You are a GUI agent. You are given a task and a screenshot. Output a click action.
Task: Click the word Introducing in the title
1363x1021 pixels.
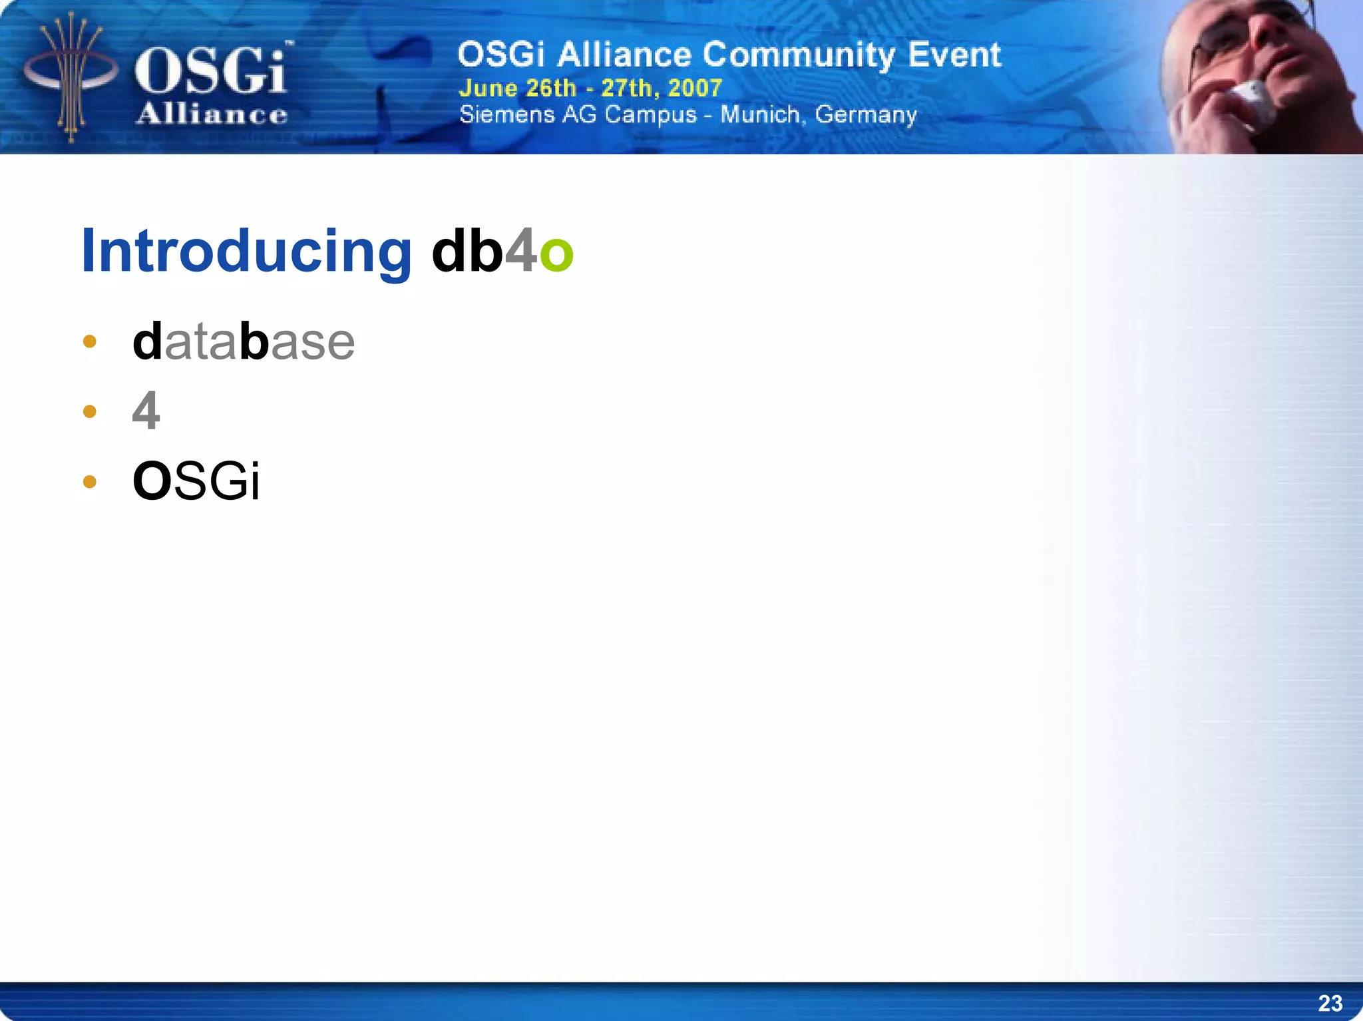click(x=246, y=252)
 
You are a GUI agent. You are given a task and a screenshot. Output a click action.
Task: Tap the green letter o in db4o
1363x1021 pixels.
click(x=556, y=253)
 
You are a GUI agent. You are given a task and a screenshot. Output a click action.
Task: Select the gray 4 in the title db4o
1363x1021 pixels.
click(x=520, y=250)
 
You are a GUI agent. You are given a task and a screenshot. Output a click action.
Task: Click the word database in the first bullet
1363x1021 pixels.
click(x=244, y=341)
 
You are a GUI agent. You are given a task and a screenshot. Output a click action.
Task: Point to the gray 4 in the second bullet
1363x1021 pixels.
click(x=146, y=411)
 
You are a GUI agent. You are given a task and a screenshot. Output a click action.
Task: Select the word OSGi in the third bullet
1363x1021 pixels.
click(x=196, y=481)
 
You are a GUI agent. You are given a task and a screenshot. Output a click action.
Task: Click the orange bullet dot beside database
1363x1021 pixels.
click(x=90, y=342)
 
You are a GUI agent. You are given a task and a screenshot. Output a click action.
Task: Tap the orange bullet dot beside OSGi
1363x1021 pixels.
click(x=90, y=481)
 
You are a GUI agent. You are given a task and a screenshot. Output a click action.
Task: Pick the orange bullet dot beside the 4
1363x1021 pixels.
click(x=90, y=411)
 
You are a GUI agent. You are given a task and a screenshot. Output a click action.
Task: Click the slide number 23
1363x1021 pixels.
click(x=1330, y=1003)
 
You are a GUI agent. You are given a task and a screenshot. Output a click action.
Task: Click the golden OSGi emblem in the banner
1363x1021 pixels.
click(x=70, y=77)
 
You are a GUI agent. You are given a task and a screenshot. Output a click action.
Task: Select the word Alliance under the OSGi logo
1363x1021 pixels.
click(x=212, y=114)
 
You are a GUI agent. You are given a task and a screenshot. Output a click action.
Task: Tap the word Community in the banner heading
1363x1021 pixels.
click(x=799, y=55)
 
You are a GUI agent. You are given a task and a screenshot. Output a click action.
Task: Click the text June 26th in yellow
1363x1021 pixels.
click(x=517, y=88)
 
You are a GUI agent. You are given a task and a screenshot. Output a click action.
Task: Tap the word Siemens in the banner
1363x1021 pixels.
click(x=507, y=114)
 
